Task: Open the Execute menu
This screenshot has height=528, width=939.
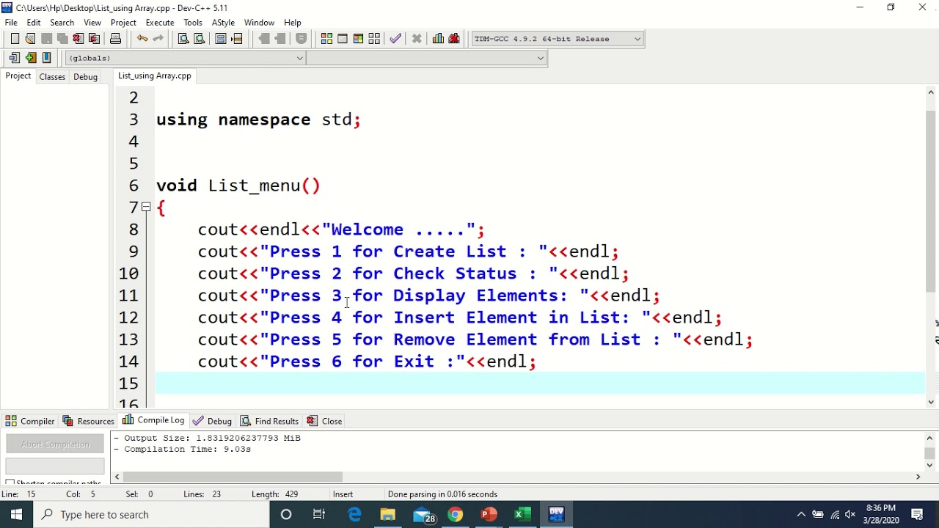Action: [x=160, y=23]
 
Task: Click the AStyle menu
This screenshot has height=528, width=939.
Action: [x=223, y=23]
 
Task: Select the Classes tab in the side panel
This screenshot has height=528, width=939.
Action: [x=52, y=76]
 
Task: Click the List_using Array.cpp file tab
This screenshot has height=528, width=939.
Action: [x=154, y=76]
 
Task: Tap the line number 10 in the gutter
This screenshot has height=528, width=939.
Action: [x=128, y=274]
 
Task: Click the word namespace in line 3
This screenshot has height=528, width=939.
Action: [x=264, y=120]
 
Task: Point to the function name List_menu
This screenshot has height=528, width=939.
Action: [x=254, y=186]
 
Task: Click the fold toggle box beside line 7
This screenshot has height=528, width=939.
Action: [x=147, y=208]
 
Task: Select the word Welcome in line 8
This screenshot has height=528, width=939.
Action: [x=367, y=230]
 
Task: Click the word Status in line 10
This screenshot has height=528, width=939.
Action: [x=486, y=274]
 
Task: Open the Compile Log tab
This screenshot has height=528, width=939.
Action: [x=154, y=420]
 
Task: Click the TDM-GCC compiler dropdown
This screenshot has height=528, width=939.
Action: [x=557, y=39]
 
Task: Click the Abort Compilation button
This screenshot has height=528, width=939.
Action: [x=55, y=444]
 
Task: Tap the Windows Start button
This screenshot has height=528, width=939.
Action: [x=16, y=515]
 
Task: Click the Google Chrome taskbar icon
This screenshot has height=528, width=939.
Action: [x=456, y=515]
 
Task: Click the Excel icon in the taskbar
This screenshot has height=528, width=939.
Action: [x=522, y=515]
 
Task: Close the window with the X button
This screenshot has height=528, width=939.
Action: [x=922, y=7]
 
